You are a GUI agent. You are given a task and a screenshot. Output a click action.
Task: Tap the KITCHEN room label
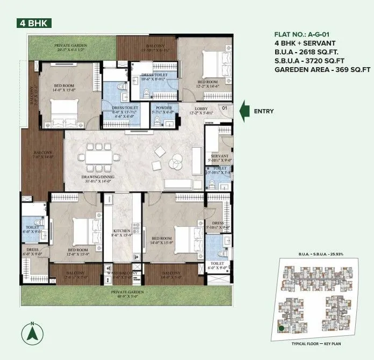pos(121,233)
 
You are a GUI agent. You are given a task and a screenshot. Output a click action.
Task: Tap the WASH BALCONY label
pos(122,273)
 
